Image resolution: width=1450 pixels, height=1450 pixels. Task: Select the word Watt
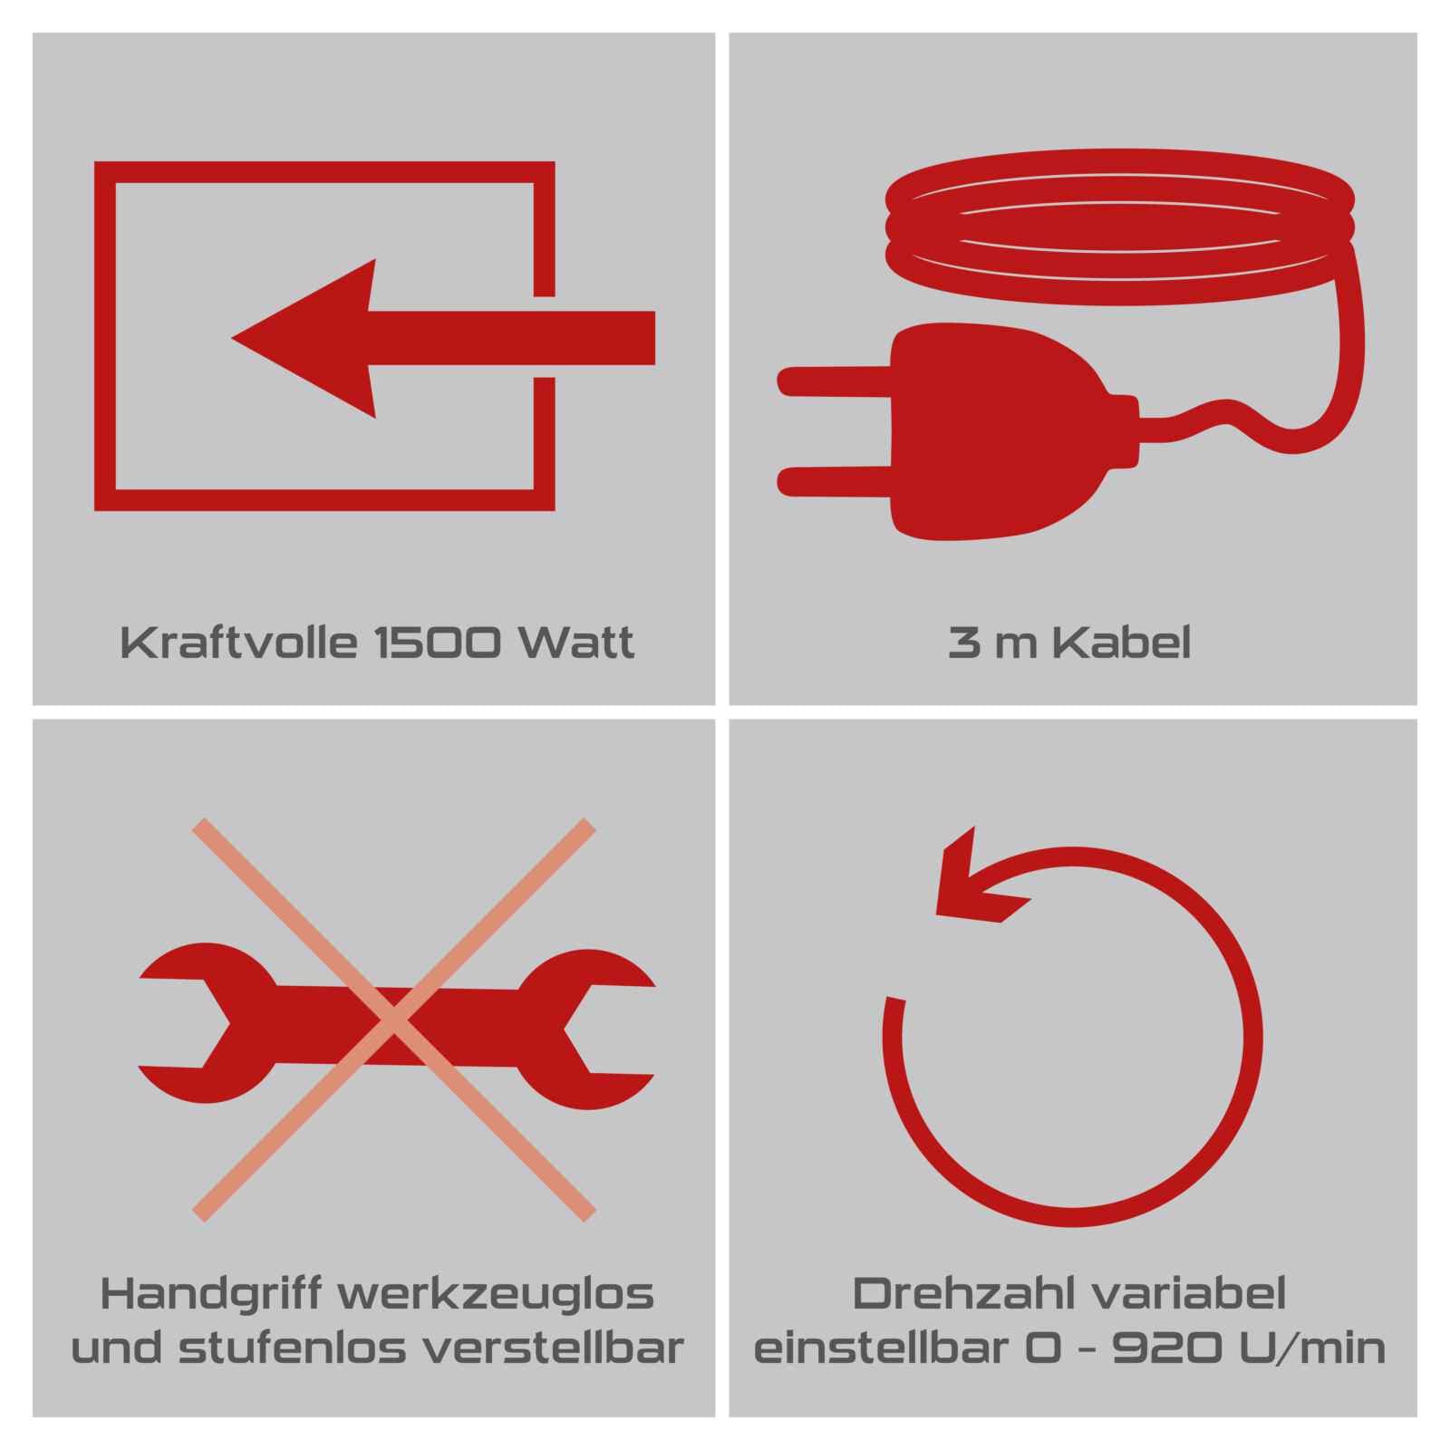pos(575,643)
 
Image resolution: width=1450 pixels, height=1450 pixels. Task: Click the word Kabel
pos(1124,643)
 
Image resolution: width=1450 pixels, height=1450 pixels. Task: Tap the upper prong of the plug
pos(835,382)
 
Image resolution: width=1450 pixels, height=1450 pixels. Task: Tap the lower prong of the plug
pos(835,481)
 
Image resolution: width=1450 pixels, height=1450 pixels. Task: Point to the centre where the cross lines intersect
pos(394,1020)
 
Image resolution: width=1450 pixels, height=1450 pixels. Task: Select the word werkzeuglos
pos(496,1294)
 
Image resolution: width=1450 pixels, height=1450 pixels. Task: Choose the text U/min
pos(1307,1349)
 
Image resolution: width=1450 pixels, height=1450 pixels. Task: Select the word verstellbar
pos(554,1349)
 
